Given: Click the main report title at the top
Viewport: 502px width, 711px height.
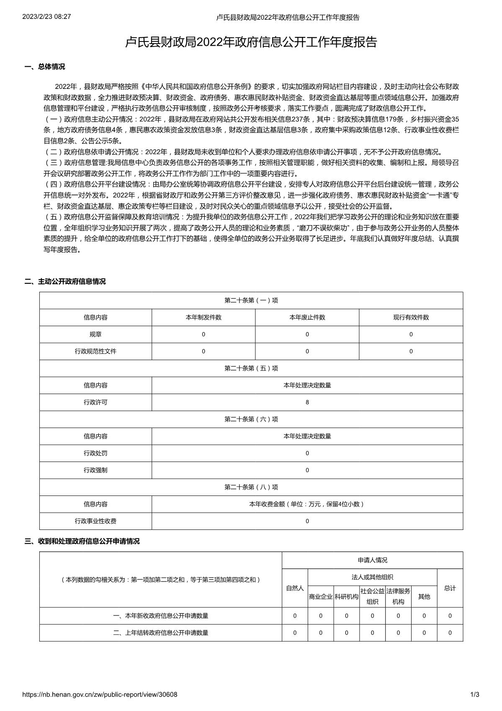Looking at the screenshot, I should [x=251, y=42].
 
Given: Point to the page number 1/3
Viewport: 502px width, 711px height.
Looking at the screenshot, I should [x=474, y=694].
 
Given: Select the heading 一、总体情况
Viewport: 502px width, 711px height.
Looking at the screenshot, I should [x=45, y=67].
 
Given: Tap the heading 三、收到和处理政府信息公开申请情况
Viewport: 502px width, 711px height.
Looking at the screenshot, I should [x=82, y=541].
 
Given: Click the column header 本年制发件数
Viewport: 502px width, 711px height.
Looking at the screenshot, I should [x=203, y=317].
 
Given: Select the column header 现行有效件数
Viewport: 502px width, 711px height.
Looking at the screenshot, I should [x=411, y=317].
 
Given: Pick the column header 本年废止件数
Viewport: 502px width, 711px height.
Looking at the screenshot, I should [x=307, y=317].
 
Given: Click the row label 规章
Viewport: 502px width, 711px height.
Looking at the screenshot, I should [x=95, y=334].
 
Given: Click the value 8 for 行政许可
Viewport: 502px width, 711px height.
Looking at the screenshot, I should [x=307, y=402].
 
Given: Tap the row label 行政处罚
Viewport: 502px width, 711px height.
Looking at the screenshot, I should [x=95, y=453].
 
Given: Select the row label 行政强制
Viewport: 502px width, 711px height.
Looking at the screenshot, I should [x=95, y=470].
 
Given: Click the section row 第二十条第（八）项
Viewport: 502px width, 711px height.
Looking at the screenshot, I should [x=251, y=487].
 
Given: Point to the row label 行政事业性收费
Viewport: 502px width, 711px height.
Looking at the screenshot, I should [x=95, y=521].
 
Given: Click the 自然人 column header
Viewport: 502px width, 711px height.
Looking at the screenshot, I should [x=295, y=588].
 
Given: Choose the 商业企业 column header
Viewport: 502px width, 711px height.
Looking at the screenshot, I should [x=321, y=597].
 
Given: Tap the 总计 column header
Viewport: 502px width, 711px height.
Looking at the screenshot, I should [x=450, y=588].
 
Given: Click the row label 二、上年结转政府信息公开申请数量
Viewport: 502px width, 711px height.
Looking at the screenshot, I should [x=161, y=633].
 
